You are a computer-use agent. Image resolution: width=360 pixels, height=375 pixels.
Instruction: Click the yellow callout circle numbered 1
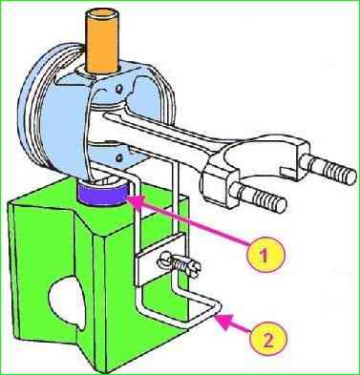coord(265,254)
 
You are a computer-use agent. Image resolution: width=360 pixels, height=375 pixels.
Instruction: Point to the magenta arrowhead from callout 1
coord(134,201)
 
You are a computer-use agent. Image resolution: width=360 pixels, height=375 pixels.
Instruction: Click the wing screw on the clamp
coord(179,264)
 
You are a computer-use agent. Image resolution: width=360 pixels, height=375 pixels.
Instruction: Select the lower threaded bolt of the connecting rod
coord(259,197)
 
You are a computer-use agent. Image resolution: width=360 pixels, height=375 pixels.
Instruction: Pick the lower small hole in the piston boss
coord(119,156)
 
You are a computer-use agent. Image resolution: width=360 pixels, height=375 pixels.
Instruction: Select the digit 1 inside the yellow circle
coord(265,255)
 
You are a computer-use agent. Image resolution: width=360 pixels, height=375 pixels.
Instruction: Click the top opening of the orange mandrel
coord(103,15)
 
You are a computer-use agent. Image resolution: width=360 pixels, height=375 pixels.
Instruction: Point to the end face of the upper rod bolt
coord(351,176)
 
